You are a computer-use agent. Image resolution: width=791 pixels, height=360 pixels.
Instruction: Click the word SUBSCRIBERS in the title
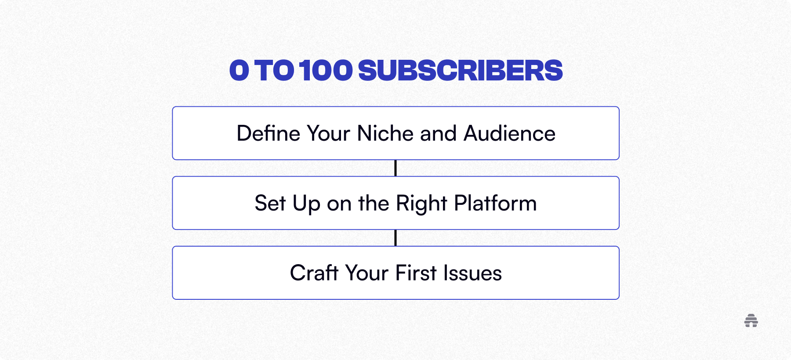(460, 70)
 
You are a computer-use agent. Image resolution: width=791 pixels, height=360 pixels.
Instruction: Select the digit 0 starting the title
(239, 70)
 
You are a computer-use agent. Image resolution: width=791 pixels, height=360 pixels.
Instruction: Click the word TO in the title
(274, 70)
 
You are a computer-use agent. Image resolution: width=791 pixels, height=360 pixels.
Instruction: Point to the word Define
(268, 134)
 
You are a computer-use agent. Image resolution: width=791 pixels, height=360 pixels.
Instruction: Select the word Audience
(509, 134)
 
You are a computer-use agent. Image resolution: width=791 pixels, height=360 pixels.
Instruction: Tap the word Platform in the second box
(495, 204)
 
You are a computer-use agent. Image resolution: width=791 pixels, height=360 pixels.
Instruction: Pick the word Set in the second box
(270, 204)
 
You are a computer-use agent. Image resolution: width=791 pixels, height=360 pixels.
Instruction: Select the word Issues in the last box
(472, 273)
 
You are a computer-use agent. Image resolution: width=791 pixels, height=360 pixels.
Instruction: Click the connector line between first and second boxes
(395, 168)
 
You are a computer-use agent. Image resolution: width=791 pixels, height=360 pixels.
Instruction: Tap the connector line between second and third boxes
(395, 238)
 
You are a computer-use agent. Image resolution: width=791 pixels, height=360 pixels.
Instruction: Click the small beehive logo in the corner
(751, 321)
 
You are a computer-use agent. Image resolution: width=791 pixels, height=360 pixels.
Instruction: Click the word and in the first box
(438, 134)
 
